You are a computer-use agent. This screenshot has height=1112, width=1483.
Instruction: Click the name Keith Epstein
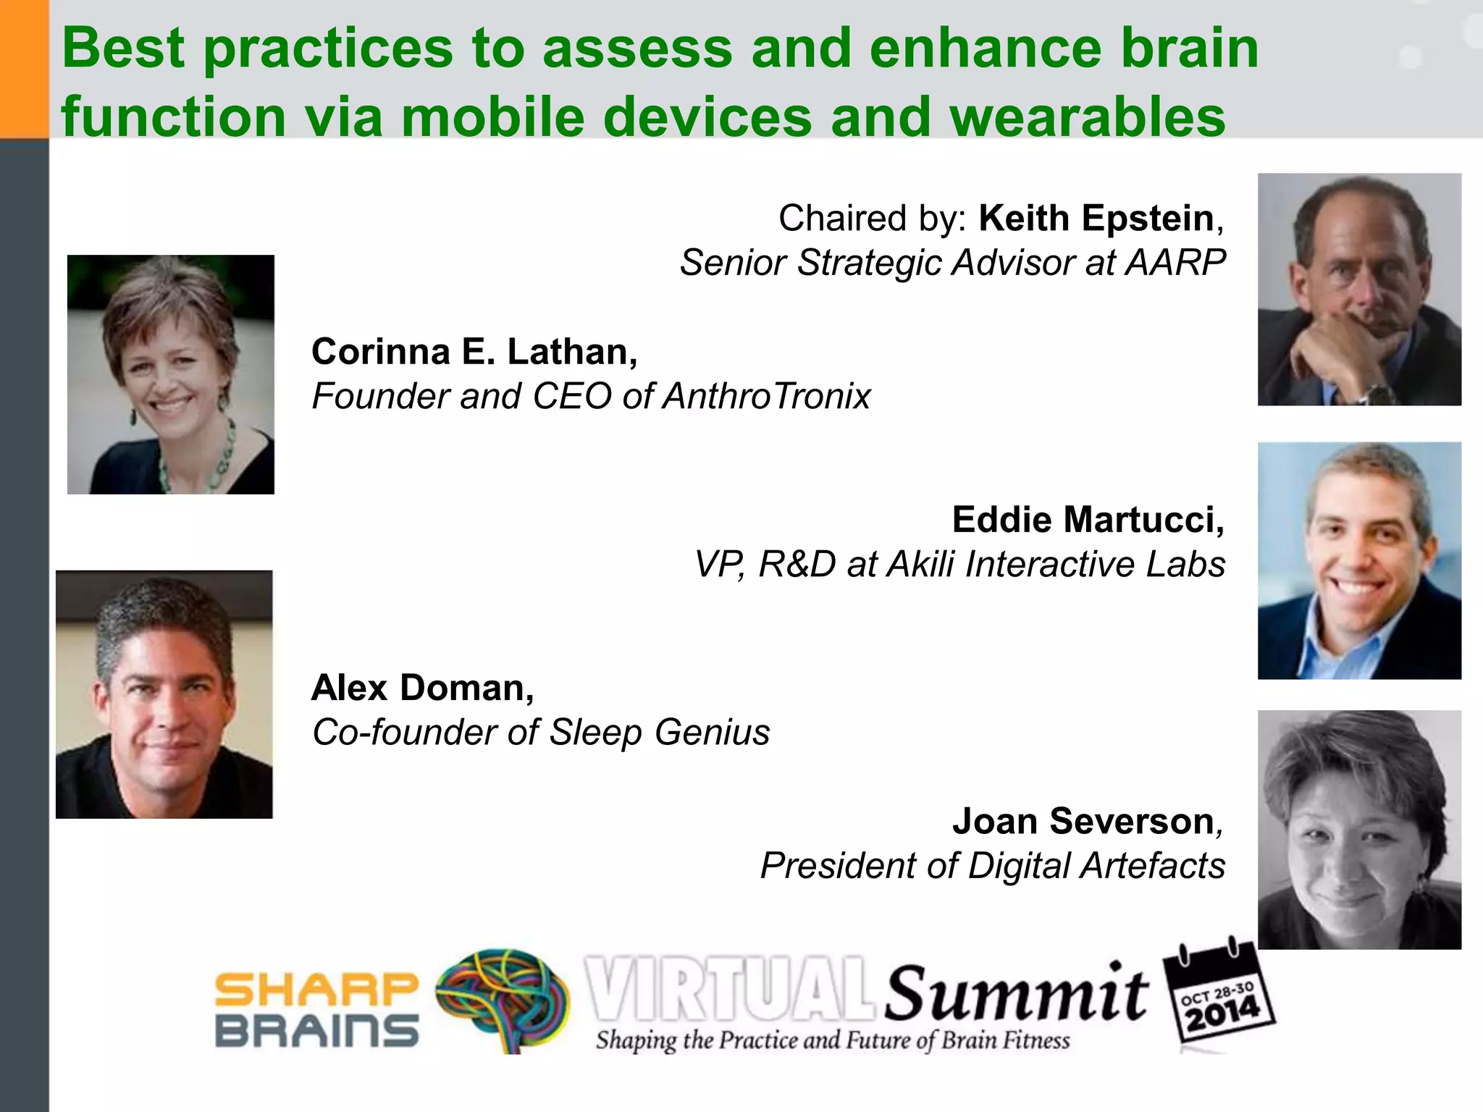(1096, 219)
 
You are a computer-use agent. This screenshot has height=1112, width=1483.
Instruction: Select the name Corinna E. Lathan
(474, 352)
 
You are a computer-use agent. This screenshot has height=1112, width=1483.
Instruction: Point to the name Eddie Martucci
(1087, 520)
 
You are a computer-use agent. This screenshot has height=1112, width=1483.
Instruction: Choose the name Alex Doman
(421, 688)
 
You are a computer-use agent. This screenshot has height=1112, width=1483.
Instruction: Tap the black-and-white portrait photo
(1358, 830)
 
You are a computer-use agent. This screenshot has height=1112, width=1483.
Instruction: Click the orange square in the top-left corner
(24, 69)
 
